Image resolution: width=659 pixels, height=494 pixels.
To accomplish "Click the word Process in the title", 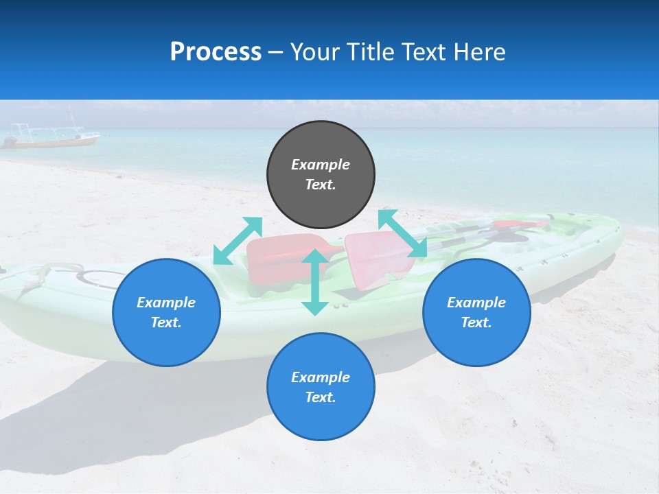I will pos(216,52).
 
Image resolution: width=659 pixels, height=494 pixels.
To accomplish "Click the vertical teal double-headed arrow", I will pos(315,282).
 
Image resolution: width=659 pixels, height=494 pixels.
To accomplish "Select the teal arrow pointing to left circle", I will pos(238,240).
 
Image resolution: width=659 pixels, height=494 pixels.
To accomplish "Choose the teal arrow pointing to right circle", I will pos(402,233).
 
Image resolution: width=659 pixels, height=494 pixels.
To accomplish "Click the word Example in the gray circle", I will pos(321,165).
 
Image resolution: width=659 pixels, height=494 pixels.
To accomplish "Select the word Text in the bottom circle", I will pos(321,397).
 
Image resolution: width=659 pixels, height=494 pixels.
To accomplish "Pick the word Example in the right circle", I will pos(476,303).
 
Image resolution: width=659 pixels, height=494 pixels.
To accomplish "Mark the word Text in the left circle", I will pos(166,322).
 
